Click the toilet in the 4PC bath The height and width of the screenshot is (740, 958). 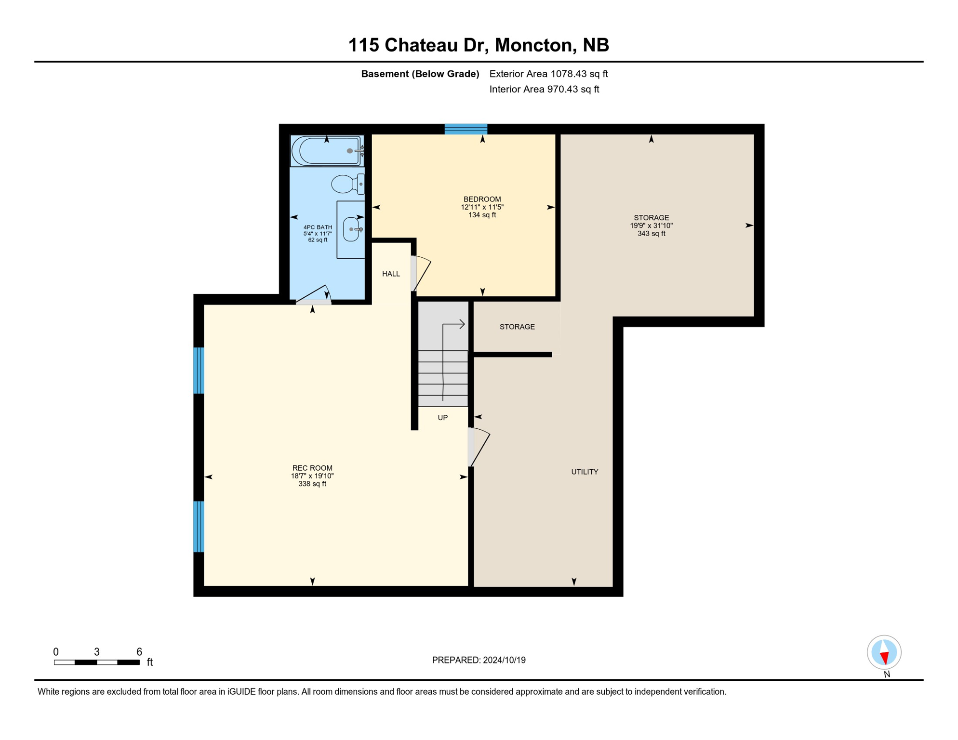click(346, 184)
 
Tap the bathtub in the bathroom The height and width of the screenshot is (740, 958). click(327, 151)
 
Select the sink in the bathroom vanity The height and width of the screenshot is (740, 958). click(352, 229)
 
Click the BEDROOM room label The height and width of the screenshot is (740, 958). click(482, 199)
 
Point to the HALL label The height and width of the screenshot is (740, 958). click(391, 274)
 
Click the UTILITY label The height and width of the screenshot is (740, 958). click(585, 472)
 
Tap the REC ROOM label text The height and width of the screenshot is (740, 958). click(312, 468)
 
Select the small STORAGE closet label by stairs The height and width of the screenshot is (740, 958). click(517, 327)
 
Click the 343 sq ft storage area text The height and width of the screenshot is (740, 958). click(651, 234)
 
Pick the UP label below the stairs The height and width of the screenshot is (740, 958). click(442, 418)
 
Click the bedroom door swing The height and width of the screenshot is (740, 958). click(422, 273)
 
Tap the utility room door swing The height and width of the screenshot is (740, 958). click(479, 447)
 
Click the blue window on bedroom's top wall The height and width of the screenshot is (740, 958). click(466, 129)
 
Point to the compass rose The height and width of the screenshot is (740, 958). click(884, 652)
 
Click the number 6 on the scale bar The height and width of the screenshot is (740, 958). click(139, 652)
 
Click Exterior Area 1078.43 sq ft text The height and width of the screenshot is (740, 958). click(548, 74)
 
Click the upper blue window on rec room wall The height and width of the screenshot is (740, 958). click(199, 370)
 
